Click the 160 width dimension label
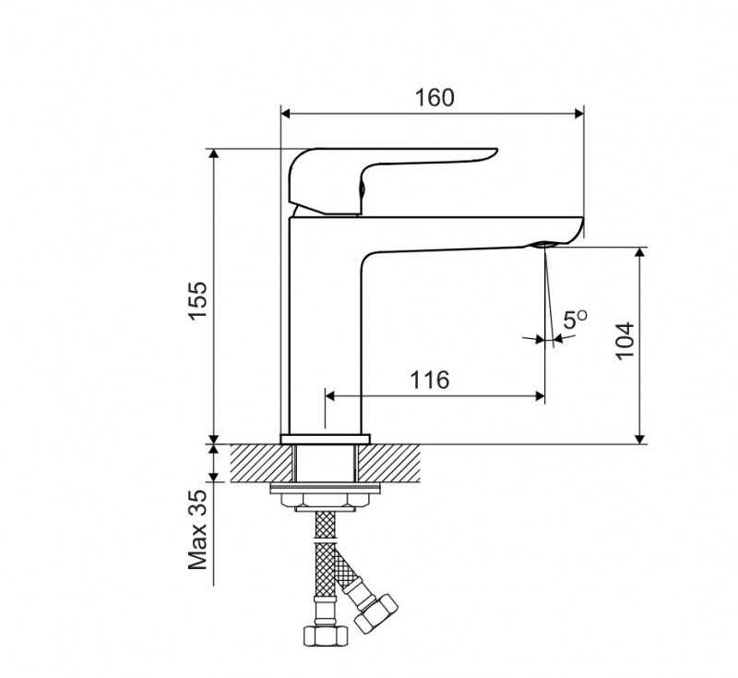pyautogui.click(x=434, y=98)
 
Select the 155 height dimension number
pyautogui.click(x=197, y=301)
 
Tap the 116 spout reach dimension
pyautogui.click(x=430, y=380)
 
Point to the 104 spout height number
pyautogui.click(x=625, y=341)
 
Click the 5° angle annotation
pyautogui.click(x=575, y=320)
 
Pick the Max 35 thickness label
pyautogui.click(x=197, y=530)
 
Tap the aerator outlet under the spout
pyautogui.click(x=544, y=244)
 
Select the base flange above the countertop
pyautogui.click(x=326, y=439)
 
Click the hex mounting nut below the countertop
pyautogui.click(x=326, y=500)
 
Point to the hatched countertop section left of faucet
pyautogui.click(x=262, y=463)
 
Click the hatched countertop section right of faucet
pyautogui.click(x=388, y=463)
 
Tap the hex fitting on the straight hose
pyautogui.click(x=326, y=636)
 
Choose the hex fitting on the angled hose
pyautogui.click(x=376, y=613)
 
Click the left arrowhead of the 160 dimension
pyautogui.click(x=285, y=114)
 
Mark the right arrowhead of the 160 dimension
pyautogui.click(x=579, y=114)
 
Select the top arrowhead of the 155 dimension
pyautogui.click(x=214, y=154)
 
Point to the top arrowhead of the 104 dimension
pyautogui.click(x=639, y=252)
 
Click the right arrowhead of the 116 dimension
pyautogui.click(x=540, y=395)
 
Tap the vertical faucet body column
pyautogui.click(x=325, y=330)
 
